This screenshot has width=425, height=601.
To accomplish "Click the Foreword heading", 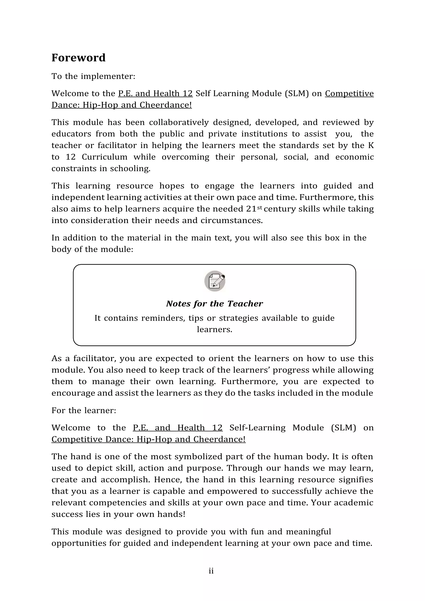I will [x=78, y=58].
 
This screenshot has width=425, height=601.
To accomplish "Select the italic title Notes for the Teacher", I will [x=214, y=303].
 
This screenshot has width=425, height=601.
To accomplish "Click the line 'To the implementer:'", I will [x=93, y=76].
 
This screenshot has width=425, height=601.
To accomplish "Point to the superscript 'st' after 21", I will [x=259, y=207].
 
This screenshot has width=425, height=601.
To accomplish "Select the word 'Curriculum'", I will [x=104, y=157].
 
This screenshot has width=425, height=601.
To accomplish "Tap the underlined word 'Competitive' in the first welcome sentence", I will [x=349, y=93].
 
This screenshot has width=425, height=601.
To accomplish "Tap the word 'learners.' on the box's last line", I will [x=214, y=329].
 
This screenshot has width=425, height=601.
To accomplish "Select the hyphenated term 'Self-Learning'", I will [x=257, y=428].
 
